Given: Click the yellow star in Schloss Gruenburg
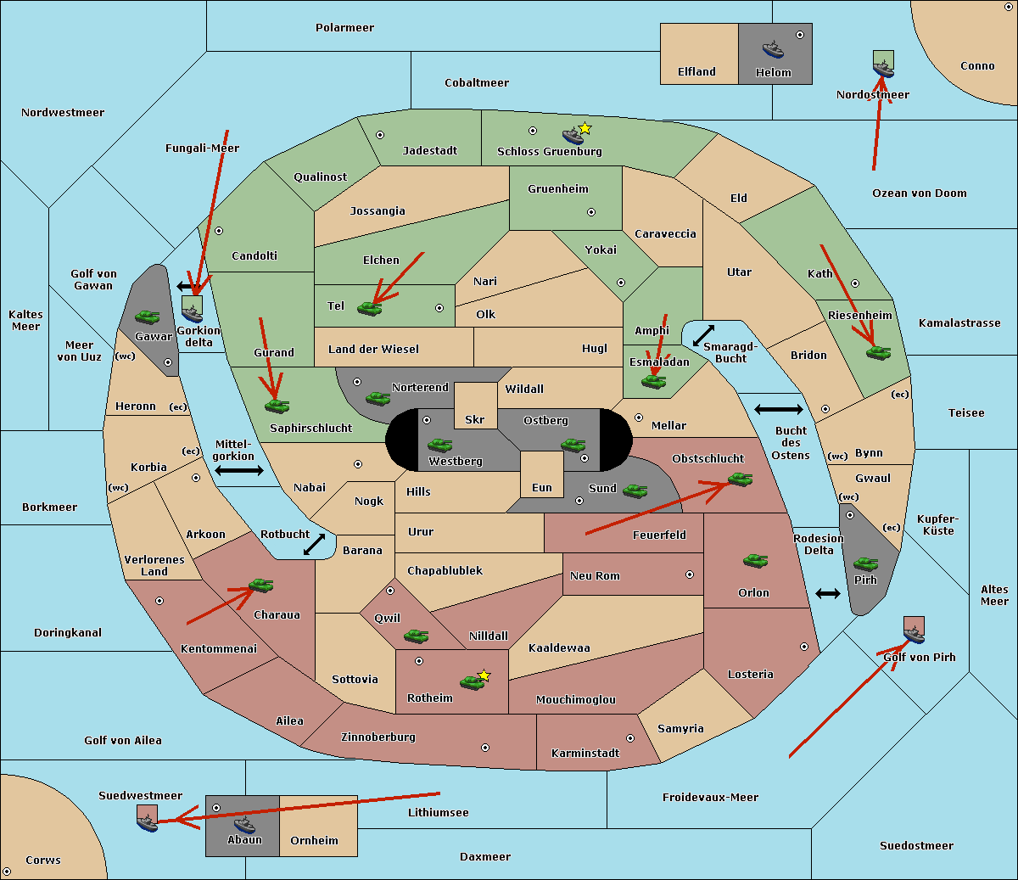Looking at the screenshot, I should point(585,128).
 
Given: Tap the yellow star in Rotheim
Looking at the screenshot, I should point(484,675).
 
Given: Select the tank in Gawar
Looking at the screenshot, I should point(147,317).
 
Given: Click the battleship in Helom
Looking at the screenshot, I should point(773,49).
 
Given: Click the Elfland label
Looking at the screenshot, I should point(696,72).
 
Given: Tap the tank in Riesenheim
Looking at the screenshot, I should point(879,352).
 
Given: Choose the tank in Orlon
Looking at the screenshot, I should point(755,561).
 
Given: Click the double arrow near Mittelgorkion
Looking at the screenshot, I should point(239,470).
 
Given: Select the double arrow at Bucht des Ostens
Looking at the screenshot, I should point(779,410).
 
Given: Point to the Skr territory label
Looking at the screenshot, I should point(475,419).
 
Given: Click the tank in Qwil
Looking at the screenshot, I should point(416,636).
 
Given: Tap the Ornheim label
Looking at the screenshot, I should point(314,840).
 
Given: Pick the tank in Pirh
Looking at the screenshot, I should point(865,564).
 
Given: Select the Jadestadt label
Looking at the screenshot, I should point(429,150).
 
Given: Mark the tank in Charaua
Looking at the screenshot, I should point(260,586).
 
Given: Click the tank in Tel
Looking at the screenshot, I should point(369,309).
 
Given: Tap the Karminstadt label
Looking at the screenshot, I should point(585,753).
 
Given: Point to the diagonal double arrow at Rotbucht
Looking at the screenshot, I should point(315,544).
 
